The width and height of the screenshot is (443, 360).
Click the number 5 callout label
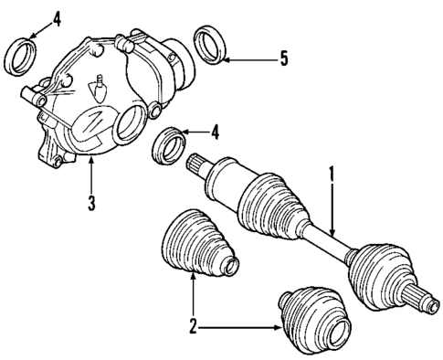284,60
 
